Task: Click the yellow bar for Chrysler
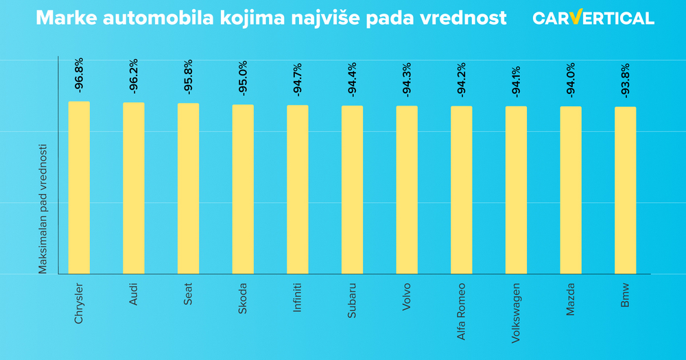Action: click(x=79, y=187)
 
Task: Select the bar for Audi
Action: click(x=134, y=188)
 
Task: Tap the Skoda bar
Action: click(x=243, y=189)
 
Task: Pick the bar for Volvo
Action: click(x=407, y=190)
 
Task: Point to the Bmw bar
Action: click(x=626, y=190)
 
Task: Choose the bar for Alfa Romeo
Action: click(x=462, y=190)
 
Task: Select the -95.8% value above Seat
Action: click(x=189, y=77)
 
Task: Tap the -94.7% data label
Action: click(x=298, y=79)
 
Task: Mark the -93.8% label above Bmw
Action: click(x=626, y=80)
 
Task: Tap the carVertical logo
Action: click(x=593, y=18)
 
